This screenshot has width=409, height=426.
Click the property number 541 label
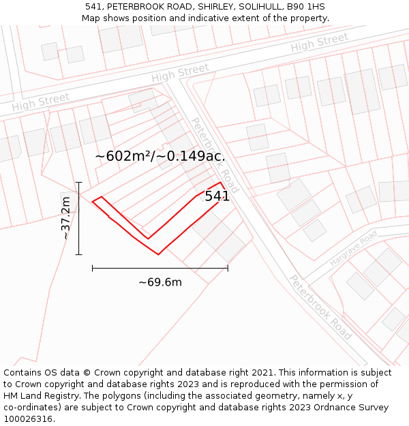click(217, 196)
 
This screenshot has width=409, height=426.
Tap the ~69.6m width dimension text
click(160, 282)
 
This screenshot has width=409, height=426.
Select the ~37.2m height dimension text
click(65, 218)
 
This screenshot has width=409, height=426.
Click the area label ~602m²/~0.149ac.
click(160, 156)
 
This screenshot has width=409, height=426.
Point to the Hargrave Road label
click(353, 249)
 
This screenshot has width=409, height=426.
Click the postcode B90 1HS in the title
click(306, 7)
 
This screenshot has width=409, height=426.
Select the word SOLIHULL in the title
click(257, 7)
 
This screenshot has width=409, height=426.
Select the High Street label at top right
click(319, 43)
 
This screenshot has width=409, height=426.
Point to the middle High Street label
click(180, 73)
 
